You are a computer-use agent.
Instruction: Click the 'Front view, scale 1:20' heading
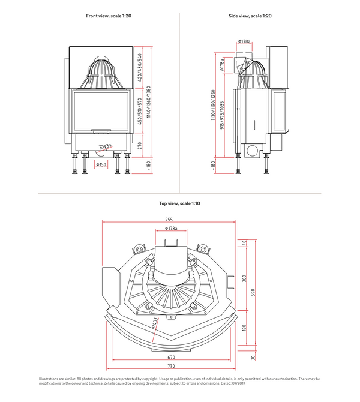(109, 16)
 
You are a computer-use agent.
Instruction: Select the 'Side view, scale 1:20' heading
(251, 16)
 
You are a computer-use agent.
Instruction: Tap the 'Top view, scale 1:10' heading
(180, 203)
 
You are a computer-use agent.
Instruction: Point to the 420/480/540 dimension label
(140, 68)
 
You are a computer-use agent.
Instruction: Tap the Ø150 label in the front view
(101, 164)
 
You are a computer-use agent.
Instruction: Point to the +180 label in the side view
(213, 165)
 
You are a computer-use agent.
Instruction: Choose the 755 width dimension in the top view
(170, 220)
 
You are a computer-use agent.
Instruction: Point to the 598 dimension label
(253, 293)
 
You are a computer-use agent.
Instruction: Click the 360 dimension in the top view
(244, 278)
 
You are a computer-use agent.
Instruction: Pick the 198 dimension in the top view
(244, 328)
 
